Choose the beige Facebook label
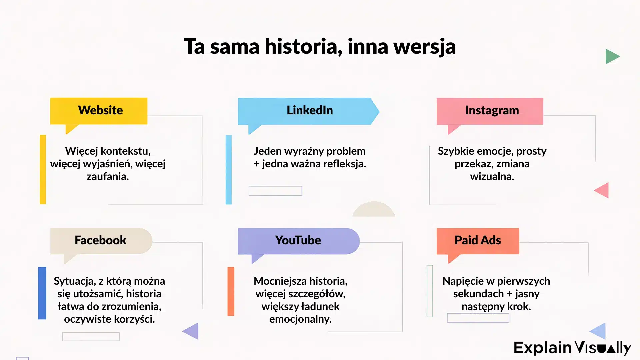click(x=101, y=241)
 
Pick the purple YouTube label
click(x=298, y=241)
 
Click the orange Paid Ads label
click(x=478, y=241)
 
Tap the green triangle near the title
click(x=612, y=56)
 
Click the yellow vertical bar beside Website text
click(x=43, y=169)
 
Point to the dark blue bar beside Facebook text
click(x=42, y=293)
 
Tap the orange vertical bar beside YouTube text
click(x=231, y=291)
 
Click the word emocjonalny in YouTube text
click(x=300, y=319)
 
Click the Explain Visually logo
click(x=572, y=348)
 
